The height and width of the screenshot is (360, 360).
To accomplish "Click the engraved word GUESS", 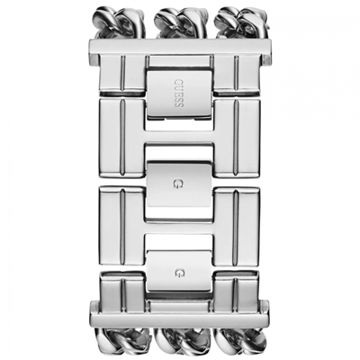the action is (x=179, y=94).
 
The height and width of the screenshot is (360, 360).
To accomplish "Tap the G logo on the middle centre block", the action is (x=179, y=184).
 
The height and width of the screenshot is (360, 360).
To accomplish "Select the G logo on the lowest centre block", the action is (x=179, y=273).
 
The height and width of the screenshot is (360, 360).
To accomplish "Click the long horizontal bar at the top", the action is (x=180, y=47).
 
